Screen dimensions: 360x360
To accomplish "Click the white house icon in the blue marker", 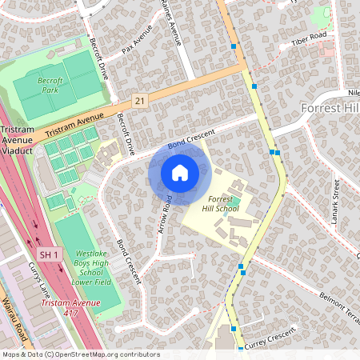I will pyautogui.click(x=180, y=172).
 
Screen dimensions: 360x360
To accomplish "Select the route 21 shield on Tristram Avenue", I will pyautogui.click(x=140, y=99).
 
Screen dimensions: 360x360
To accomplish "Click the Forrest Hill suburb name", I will pyautogui.click(x=330, y=107).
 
